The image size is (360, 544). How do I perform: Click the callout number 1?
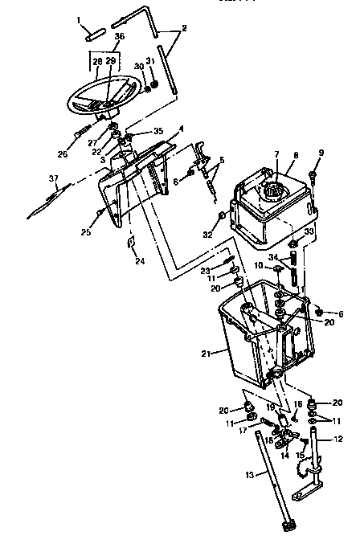(x=80, y=19)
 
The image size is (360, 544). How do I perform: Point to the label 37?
(x=54, y=178)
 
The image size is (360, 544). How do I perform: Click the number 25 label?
(x=85, y=234)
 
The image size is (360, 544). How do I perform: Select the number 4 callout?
(x=182, y=129)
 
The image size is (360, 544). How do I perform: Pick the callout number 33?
(x=309, y=231)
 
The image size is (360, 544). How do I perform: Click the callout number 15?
(x=298, y=456)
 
